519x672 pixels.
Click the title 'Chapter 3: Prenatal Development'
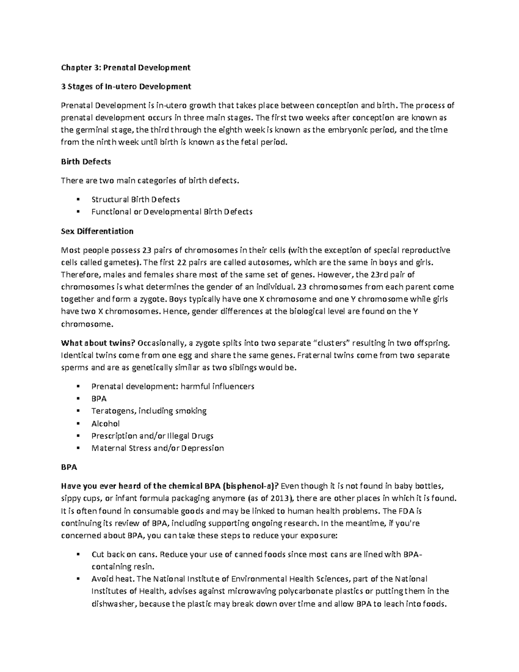[x=125, y=68]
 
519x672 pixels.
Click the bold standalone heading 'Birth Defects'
[x=86, y=161]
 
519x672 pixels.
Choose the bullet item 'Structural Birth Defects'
[x=135, y=199]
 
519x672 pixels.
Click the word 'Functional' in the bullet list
[x=110, y=212]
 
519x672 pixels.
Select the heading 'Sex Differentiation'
[x=97, y=231]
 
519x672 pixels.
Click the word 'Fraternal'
[x=314, y=355]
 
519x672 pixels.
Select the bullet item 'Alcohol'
[x=106, y=424]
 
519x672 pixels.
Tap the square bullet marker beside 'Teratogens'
[x=78, y=411]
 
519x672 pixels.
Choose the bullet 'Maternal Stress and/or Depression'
[x=157, y=448]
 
